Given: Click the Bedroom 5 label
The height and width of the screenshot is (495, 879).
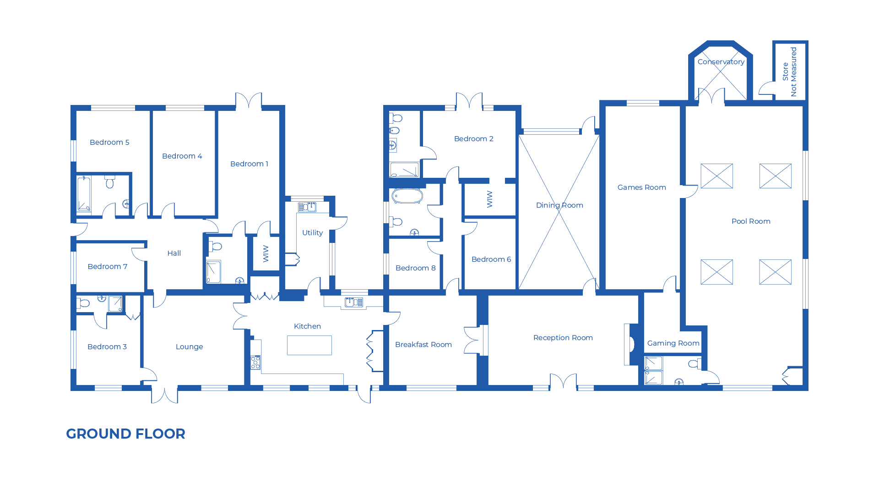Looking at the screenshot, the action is tap(109, 143).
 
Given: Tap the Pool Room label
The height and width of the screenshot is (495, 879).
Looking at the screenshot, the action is tap(751, 221).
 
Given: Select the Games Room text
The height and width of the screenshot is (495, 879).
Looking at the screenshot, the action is tap(641, 187).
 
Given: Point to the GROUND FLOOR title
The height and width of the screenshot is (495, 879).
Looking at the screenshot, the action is tap(125, 434).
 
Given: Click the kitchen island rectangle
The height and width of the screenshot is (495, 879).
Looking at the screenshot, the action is tap(309, 345).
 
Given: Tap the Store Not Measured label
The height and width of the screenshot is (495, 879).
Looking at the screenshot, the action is tap(790, 71).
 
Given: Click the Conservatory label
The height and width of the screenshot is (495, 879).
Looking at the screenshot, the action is tap(721, 62).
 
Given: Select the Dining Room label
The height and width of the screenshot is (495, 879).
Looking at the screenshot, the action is tap(559, 205).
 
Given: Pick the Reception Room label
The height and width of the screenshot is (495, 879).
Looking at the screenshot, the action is tap(563, 338).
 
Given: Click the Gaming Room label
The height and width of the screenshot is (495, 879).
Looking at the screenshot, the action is tap(673, 343).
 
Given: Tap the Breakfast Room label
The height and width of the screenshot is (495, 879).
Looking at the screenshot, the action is tap(423, 345).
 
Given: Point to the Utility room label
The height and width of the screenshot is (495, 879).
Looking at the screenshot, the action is tap(312, 233).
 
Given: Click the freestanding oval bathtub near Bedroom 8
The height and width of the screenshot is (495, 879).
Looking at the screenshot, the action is tap(407, 196).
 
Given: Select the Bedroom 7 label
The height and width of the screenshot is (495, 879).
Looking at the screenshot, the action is tap(108, 267).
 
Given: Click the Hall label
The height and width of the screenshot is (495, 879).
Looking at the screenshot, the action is tap(174, 253).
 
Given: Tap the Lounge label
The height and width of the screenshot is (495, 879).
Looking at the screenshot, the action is tap(189, 347).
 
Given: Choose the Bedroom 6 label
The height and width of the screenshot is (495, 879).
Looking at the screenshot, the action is tap(491, 259).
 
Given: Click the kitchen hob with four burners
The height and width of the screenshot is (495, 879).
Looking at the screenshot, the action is tap(255, 363).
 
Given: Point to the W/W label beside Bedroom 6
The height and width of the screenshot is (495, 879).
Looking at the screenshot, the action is tap(489, 199).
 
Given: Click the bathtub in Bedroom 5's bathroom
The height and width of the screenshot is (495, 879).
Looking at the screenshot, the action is tap(84, 193).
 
